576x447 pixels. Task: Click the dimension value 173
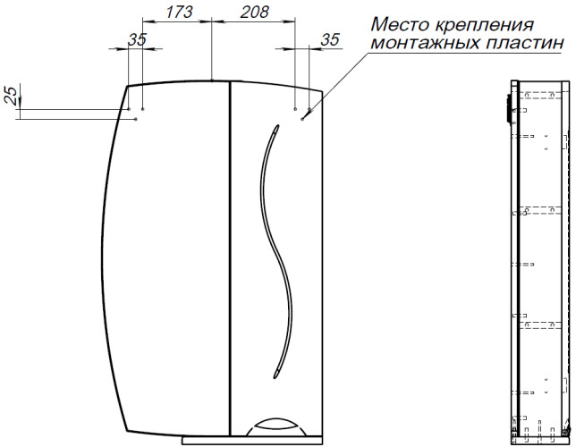click(x=179, y=12)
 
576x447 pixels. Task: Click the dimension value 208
click(x=255, y=12)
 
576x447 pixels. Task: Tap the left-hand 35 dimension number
click(x=137, y=39)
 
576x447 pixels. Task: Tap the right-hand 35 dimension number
click(x=330, y=39)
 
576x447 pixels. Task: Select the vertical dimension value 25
click(x=12, y=96)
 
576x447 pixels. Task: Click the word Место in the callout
click(x=400, y=25)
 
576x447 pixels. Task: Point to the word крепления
click(x=484, y=26)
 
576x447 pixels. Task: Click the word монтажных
click(x=425, y=43)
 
